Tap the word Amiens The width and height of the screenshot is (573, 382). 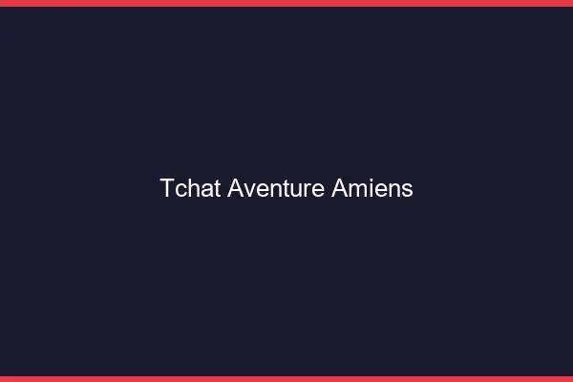point(371,188)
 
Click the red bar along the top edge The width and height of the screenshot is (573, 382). point(286,3)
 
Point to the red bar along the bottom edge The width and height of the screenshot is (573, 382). point(286,378)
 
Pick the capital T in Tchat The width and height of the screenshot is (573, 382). point(167,188)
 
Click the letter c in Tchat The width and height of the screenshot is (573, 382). point(180,189)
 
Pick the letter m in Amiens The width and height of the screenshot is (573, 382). point(354,189)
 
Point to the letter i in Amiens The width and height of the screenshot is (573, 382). point(367,188)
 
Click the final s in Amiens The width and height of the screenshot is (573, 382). point(407,189)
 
